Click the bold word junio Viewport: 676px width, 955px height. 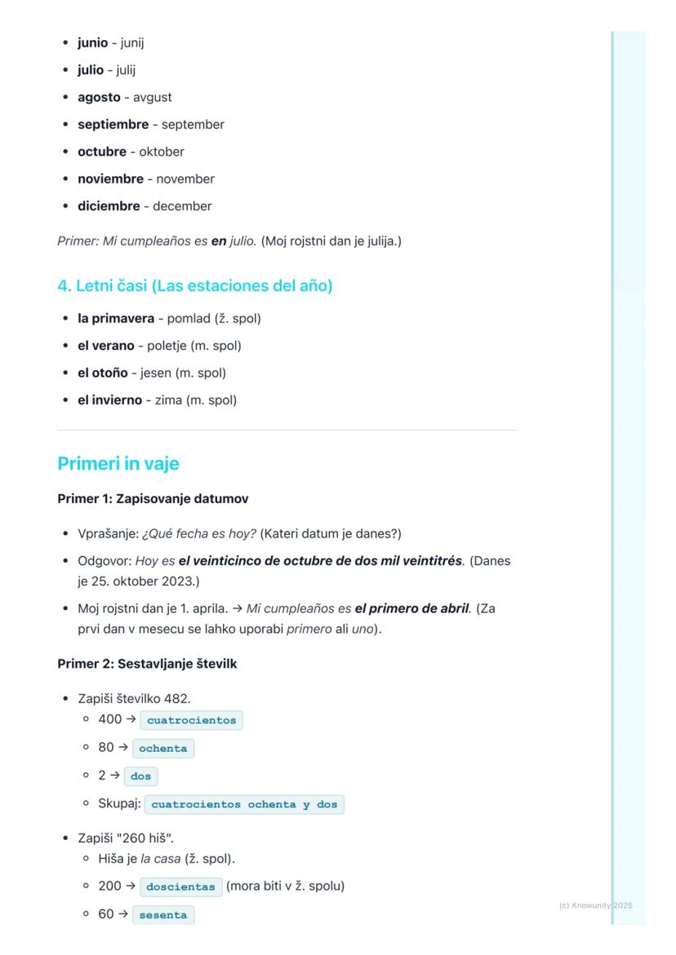pyautogui.click(x=92, y=43)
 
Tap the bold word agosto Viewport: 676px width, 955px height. pyautogui.click(x=99, y=98)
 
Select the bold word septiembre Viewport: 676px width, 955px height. pyautogui.click(x=113, y=125)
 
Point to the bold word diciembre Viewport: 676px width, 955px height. pyautogui.click(x=109, y=206)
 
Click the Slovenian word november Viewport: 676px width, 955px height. pyautogui.click(x=185, y=179)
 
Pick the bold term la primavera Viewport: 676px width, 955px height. pyautogui.click(x=116, y=319)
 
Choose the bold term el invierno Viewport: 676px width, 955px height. pyautogui.click(x=109, y=400)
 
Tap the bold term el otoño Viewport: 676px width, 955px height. pyautogui.click(x=103, y=374)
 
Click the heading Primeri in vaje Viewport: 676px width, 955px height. pyautogui.click(x=118, y=464)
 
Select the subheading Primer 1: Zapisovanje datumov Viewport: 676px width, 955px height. pyautogui.click(x=153, y=499)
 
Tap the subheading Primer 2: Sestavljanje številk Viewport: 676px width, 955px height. pyautogui.click(x=147, y=665)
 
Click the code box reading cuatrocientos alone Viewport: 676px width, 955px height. pyautogui.click(x=191, y=721)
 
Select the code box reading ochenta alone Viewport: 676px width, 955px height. pyautogui.click(x=162, y=749)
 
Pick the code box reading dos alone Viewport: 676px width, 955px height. pyautogui.click(x=140, y=776)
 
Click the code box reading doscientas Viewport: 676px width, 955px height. pyautogui.click(x=180, y=887)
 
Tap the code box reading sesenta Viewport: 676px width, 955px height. pyautogui.click(x=162, y=915)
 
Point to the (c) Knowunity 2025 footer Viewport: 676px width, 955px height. pyautogui.click(x=595, y=906)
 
